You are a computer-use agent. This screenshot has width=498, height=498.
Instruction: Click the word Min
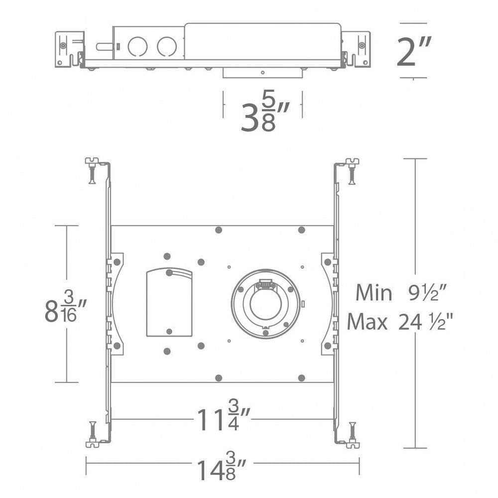click(x=373, y=293)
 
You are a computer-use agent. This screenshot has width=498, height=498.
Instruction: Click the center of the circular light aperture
click(x=265, y=304)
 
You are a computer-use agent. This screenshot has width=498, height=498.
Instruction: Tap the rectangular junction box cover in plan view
click(x=169, y=302)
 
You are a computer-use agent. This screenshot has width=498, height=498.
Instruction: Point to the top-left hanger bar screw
click(x=92, y=170)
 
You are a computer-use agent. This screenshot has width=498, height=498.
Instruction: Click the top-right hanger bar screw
click(x=352, y=170)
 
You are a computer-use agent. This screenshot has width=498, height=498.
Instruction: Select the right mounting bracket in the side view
click(x=356, y=49)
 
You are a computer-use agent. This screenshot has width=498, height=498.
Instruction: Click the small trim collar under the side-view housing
click(x=262, y=73)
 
